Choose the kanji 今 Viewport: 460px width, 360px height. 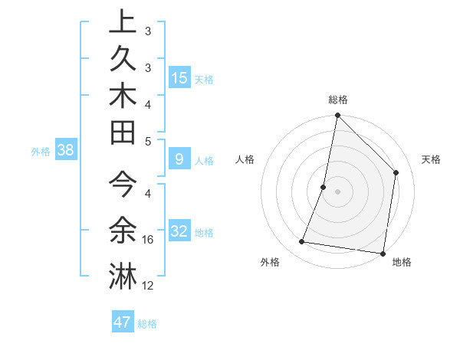coord(123,185)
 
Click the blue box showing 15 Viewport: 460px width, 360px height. coord(179,77)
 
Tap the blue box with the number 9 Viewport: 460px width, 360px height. coord(179,160)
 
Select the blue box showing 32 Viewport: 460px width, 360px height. coord(179,231)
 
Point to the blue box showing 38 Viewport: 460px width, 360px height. coord(66,150)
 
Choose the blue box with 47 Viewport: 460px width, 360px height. coord(123,322)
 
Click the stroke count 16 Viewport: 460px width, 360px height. coord(149,240)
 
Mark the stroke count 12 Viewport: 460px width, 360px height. coord(149,286)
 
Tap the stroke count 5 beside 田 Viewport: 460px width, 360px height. coord(148,141)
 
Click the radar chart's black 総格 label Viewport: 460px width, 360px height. coord(338,100)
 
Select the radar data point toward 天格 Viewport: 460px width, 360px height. coord(396,172)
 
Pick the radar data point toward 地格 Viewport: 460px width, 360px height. coord(383,253)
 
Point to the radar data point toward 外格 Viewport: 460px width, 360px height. coord(302,242)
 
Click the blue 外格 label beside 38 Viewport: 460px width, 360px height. coord(41,151)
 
